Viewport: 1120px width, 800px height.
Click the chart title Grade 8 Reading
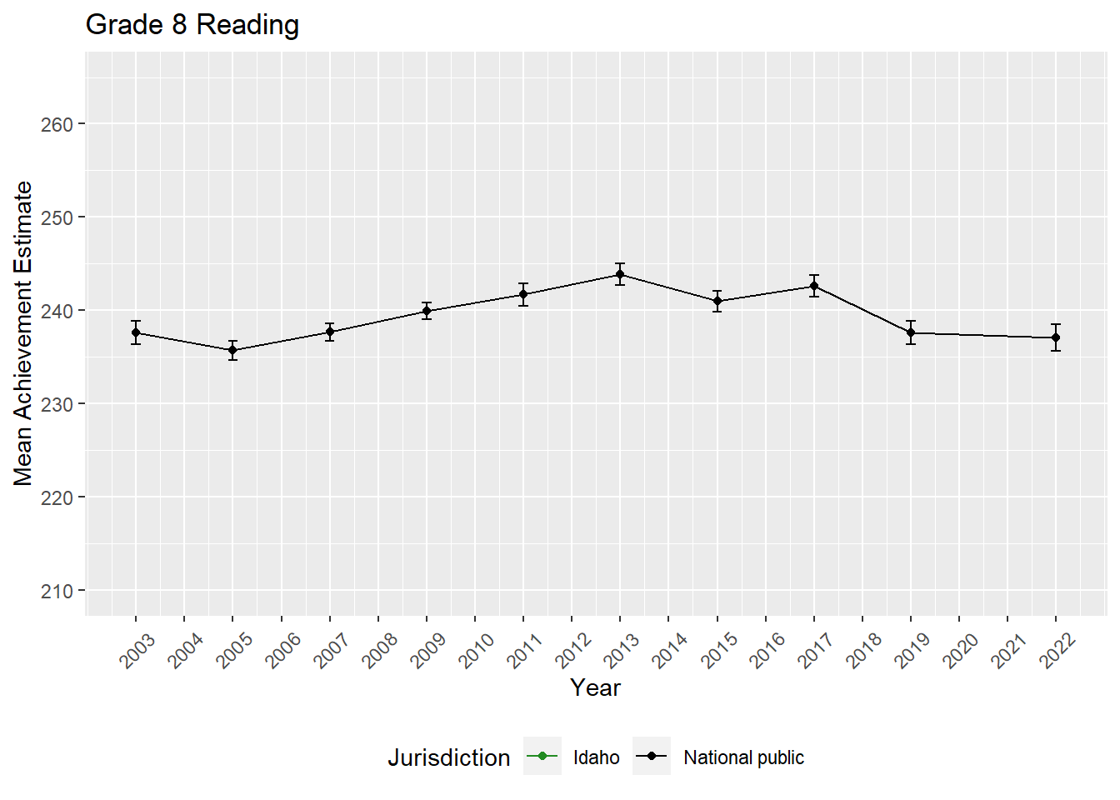coord(192,25)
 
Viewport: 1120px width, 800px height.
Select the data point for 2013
coord(620,274)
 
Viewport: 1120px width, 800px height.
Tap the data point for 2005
coord(232,350)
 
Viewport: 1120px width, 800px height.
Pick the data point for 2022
coord(1056,337)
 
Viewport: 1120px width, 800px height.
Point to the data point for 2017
coord(814,286)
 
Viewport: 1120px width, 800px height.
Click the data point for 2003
coord(136,332)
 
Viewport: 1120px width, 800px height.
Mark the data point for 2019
coord(911,332)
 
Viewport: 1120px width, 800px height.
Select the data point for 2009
coord(427,311)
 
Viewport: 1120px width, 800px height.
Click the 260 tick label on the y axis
coord(57,124)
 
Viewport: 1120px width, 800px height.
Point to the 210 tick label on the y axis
coord(57,591)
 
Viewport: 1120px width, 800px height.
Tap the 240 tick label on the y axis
coord(57,311)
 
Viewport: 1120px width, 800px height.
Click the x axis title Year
coord(595,687)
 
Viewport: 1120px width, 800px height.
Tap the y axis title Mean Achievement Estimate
coord(23,333)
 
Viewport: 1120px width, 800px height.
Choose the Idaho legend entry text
coord(597,757)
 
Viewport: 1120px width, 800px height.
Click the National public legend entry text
coord(743,757)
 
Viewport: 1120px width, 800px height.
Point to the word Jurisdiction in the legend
coord(448,757)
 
